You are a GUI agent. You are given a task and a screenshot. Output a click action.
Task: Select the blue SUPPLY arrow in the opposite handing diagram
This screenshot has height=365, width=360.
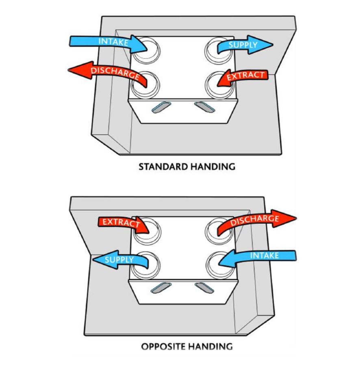pyautogui.click(x=118, y=260)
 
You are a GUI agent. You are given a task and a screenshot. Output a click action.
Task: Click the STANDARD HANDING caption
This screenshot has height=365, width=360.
pyautogui.click(x=187, y=166)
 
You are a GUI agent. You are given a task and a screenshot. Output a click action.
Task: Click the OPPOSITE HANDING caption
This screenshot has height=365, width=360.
pyautogui.click(x=187, y=347)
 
